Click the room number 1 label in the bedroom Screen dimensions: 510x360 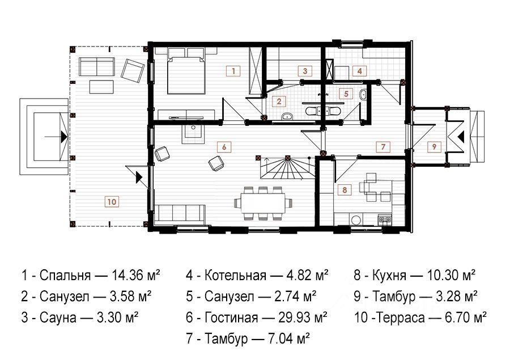tap(233, 71)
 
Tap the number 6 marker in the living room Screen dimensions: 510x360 tap(224, 147)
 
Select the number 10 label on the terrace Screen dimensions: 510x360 tap(112, 201)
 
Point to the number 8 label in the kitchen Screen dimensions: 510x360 tap(345, 189)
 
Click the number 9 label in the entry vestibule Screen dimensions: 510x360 tap(434, 146)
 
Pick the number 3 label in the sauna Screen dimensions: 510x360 tap(305, 71)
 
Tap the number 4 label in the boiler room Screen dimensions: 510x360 tap(359, 71)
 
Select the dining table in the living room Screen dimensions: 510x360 tap(263, 203)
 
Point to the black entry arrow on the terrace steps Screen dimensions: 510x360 tap(63, 137)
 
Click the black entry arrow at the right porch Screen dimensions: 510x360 tap(461, 137)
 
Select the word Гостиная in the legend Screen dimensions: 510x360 tap(232, 317)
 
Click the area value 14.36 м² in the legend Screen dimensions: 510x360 tap(136, 276)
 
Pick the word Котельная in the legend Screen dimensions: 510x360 tap(236, 276)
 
